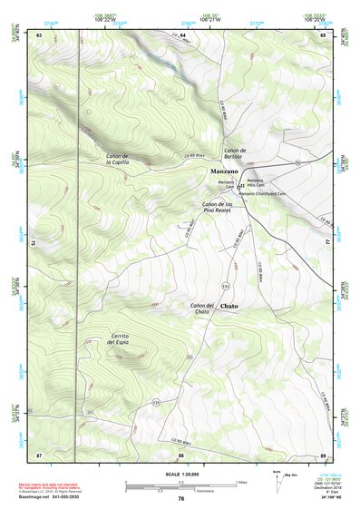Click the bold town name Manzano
point(224,171)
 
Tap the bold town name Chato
point(229,307)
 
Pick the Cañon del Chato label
point(203,308)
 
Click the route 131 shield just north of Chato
point(225,286)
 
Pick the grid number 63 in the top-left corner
point(40,34)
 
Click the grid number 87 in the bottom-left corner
point(40,454)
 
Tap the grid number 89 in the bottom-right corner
point(322,454)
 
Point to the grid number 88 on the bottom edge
point(180,454)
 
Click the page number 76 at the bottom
point(180,498)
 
